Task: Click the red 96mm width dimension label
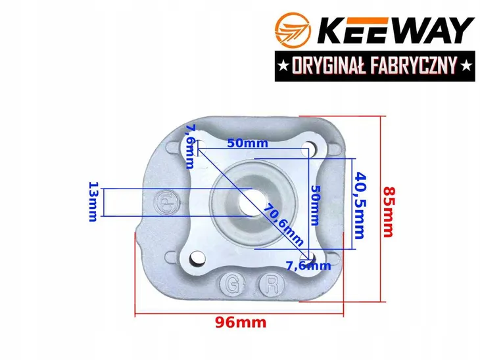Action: pyautogui.click(x=241, y=323)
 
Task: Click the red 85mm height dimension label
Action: pyautogui.click(x=389, y=212)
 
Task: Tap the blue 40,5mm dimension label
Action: pyautogui.click(x=360, y=206)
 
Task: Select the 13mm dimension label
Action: pyautogui.click(x=93, y=202)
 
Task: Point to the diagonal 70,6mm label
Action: pyautogui.click(x=283, y=225)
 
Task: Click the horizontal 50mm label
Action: pyautogui.click(x=247, y=143)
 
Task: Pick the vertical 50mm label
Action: pyautogui.click(x=315, y=205)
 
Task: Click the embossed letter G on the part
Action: pyautogui.click(x=232, y=285)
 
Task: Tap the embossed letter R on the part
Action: pyautogui.click(x=272, y=285)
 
